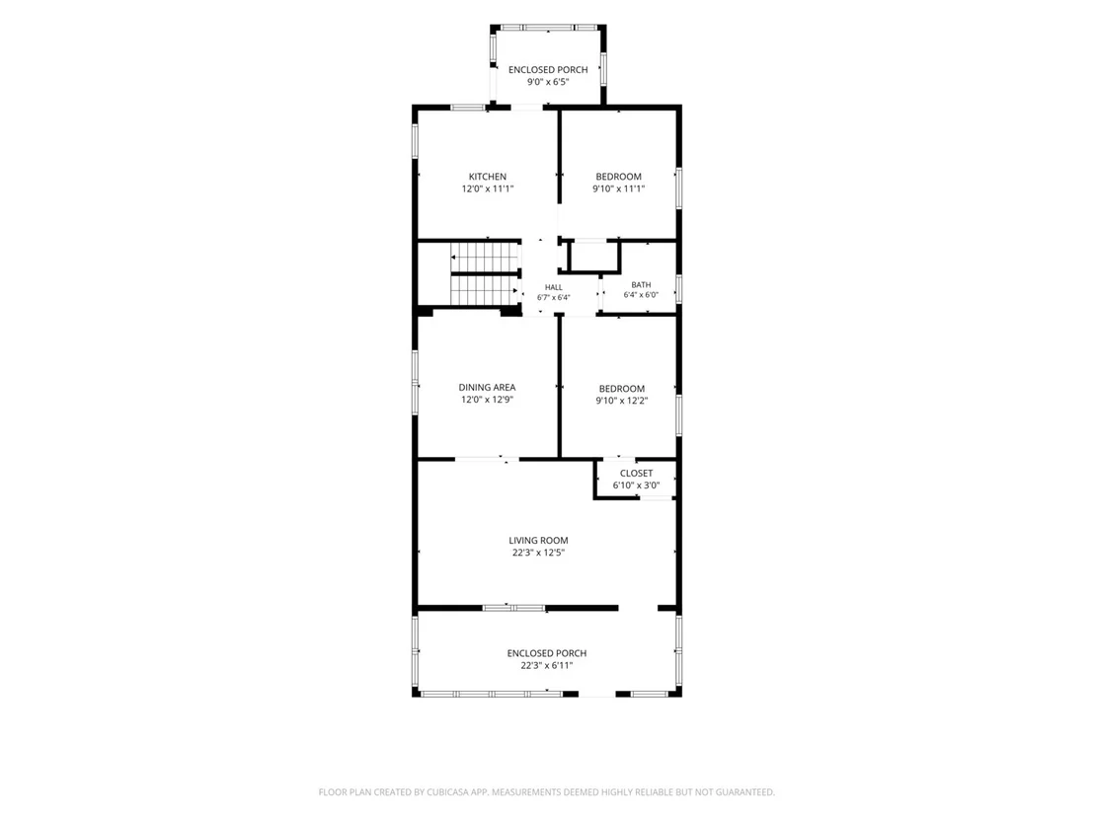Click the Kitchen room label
488,177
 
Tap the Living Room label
538,541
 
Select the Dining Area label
487,388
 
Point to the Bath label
641,284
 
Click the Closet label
636,474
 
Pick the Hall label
553,287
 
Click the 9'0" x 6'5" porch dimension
548,82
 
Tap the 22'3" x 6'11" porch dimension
546,665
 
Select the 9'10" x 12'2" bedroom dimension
622,401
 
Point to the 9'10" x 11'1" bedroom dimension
619,188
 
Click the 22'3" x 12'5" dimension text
538,553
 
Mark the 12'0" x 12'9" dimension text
487,401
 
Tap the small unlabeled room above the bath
593,257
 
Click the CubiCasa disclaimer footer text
546,792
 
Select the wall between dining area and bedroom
560,386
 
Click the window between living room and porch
514,608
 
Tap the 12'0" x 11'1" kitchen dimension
488,188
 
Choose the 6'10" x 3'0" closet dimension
636,485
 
